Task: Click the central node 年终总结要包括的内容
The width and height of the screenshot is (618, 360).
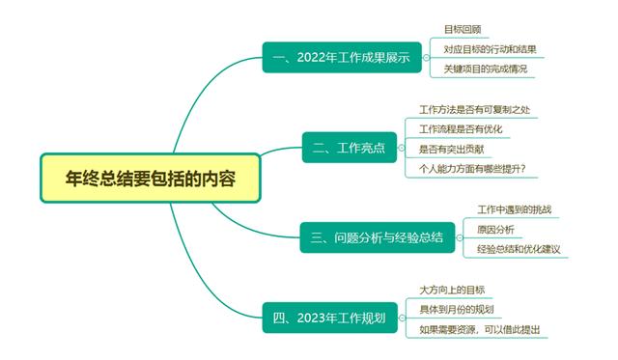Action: point(151,179)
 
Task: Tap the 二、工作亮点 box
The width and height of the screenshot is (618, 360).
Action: point(349,148)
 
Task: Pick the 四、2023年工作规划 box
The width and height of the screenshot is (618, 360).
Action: point(329,317)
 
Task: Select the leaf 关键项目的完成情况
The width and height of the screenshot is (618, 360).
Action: point(487,69)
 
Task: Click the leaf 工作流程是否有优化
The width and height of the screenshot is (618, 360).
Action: point(461,129)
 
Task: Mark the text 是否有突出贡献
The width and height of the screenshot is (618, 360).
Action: point(453,149)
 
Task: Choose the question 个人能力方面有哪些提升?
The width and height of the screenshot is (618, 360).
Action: point(478,168)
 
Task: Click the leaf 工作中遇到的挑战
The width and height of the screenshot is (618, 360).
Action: point(515,209)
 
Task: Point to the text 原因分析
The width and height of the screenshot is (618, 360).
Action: point(495,229)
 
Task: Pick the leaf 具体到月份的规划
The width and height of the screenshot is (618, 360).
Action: point(457,309)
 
